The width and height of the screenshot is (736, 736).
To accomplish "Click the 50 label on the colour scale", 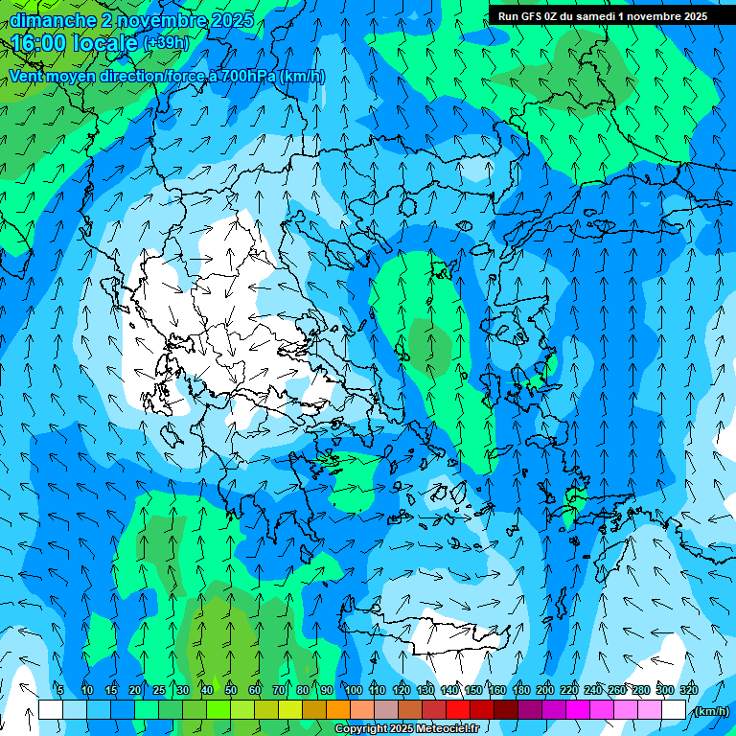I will click(x=231, y=690).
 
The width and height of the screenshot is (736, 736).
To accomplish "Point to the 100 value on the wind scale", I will click(x=354, y=690).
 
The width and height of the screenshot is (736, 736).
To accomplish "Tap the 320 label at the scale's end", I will click(x=688, y=690).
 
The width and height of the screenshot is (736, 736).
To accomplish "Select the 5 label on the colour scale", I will click(x=60, y=690).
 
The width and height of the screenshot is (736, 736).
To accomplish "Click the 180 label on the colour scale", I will click(x=520, y=690).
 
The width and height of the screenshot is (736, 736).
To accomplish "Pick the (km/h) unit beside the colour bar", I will click(x=711, y=711).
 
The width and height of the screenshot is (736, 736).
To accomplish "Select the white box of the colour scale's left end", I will click(x=51, y=710).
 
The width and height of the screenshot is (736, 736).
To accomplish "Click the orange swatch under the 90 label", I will click(x=338, y=710).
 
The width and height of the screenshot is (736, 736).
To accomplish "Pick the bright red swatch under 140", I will click(x=458, y=710).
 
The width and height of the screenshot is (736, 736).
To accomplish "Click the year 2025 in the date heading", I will click(x=232, y=20).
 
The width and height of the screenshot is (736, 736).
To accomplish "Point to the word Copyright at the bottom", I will click(x=360, y=729).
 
